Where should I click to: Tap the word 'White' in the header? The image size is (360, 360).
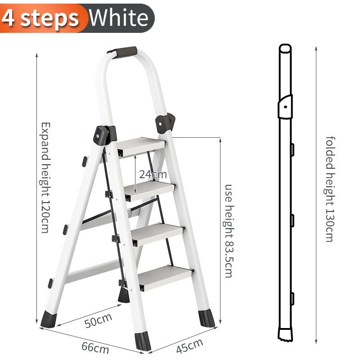point(119,18)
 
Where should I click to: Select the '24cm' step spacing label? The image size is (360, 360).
point(153,175)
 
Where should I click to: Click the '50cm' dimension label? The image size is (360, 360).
point(98,320)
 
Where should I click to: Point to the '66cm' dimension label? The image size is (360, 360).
point(95,348)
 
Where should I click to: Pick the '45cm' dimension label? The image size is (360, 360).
point(189,346)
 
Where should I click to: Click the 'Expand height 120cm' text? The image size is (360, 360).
point(45,177)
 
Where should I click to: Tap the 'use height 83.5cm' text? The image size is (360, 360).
point(229,231)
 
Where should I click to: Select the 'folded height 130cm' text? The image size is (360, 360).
point(330,189)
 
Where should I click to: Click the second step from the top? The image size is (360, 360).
point(149,190)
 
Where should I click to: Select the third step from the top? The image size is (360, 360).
point(157,234)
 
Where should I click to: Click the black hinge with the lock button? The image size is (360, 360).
point(105,135)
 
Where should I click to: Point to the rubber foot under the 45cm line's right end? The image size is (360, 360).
point(207,318)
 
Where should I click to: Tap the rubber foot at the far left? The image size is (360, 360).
point(49,319)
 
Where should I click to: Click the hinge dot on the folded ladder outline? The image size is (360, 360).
point(285,107)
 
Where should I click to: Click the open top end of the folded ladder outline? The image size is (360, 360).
point(285,49)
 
